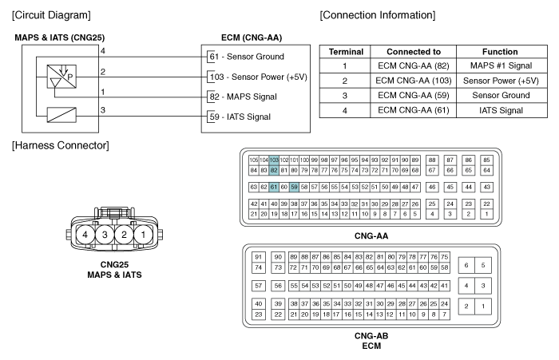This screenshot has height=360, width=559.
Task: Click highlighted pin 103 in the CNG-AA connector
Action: pyautogui.click(x=274, y=160)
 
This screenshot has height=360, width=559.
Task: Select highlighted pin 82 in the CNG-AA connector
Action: pyautogui.click(x=274, y=170)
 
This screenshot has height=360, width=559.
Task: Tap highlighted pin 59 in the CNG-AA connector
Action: pyautogui.click(x=294, y=187)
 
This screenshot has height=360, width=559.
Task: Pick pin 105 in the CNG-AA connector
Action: pyautogui.click(x=253, y=160)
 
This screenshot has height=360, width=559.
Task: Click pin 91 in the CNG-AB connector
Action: pyautogui.click(x=259, y=257)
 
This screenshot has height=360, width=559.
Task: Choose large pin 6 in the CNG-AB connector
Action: pyautogui.click(x=466, y=265)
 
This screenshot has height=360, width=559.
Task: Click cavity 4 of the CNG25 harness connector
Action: pyautogui.click(x=85, y=235)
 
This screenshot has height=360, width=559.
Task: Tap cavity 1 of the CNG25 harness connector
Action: pyautogui.click(x=143, y=235)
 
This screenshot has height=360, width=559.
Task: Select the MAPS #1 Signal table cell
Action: pyautogui.click(x=502, y=65)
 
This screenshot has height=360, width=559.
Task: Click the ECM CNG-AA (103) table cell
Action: pyautogui.click(x=414, y=81)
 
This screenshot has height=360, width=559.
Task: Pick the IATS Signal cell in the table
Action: pyautogui.click(x=502, y=110)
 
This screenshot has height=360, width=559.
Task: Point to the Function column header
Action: pyautogui.click(x=500, y=52)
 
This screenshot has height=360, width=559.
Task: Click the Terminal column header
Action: pyautogui.click(x=346, y=52)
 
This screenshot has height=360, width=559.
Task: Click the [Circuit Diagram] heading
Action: pyautogui.click(x=51, y=15)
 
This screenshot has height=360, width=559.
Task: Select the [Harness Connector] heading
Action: pyautogui.click(x=60, y=145)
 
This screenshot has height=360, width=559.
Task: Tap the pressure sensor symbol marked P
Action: pyautogui.click(x=61, y=77)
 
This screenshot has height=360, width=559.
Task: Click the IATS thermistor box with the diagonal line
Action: pyautogui.click(x=61, y=115)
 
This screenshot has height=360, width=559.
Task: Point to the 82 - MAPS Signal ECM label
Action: pyautogui.click(x=243, y=97)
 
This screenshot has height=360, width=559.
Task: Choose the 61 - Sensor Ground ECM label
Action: pyautogui.click(x=247, y=57)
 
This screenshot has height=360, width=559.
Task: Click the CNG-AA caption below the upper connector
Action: pyautogui.click(x=371, y=236)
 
